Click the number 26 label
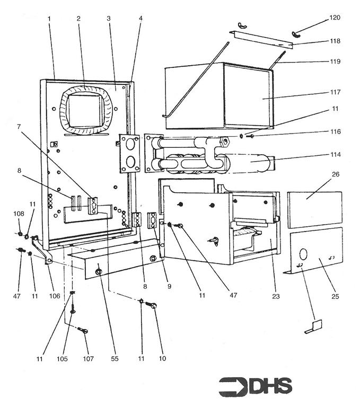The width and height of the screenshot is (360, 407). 336,174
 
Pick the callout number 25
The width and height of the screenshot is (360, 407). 336,296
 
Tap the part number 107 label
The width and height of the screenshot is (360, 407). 88,359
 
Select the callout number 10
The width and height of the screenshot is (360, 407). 162,359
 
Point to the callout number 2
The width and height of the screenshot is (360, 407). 78,18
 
